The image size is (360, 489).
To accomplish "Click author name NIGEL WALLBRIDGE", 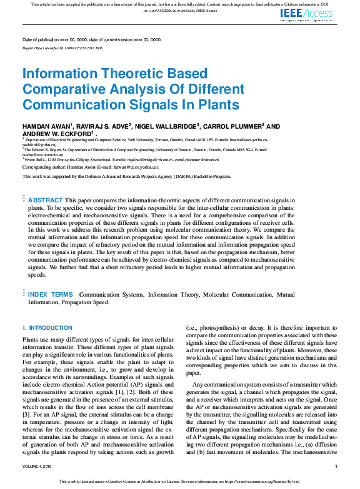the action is [x=166, y=126].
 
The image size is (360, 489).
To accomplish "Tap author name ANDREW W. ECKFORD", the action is [x=57, y=134].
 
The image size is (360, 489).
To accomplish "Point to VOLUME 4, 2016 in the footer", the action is [x=39, y=467].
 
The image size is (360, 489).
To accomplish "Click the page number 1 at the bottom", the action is [x=336, y=467].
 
